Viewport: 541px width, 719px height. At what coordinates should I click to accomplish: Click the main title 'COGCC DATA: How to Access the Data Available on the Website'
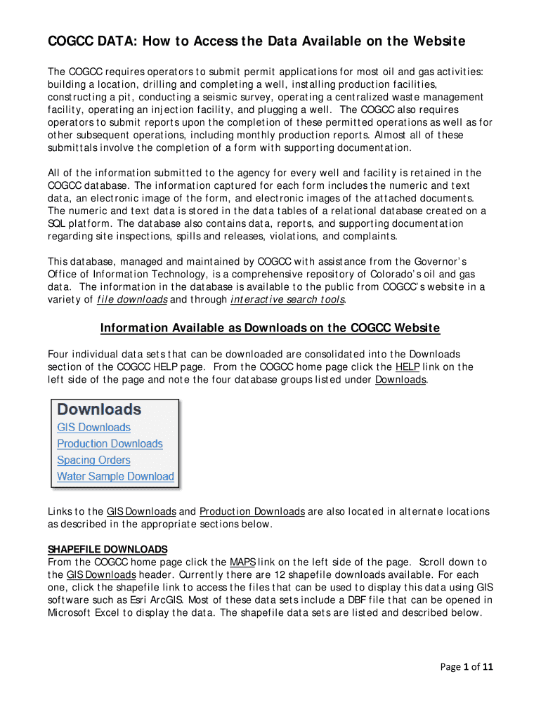(x=256, y=42)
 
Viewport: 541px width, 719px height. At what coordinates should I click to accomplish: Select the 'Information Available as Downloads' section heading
(x=270, y=328)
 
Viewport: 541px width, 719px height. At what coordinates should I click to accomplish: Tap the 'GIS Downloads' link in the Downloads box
(x=93, y=427)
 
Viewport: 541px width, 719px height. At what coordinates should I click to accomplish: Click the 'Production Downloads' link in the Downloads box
(x=110, y=443)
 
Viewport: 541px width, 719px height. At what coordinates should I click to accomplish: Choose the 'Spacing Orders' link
(x=93, y=460)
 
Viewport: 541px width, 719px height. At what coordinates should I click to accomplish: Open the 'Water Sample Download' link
(x=115, y=476)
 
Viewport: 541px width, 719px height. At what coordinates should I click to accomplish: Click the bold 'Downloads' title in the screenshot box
(x=99, y=409)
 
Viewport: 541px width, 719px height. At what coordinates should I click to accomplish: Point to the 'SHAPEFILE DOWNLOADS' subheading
(x=107, y=548)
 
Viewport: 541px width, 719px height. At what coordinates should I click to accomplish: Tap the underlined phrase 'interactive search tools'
(x=288, y=300)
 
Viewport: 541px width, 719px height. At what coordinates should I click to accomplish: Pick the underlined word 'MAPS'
(x=242, y=562)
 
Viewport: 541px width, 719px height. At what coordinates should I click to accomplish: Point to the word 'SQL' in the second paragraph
(x=57, y=223)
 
